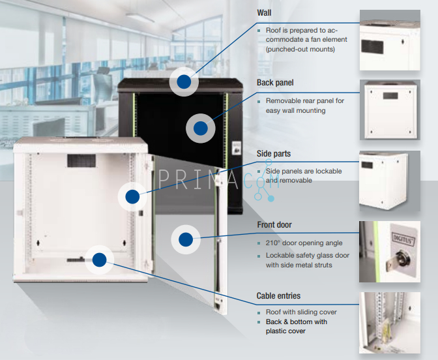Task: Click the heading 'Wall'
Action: (x=264, y=12)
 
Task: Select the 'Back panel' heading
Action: (x=275, y=83)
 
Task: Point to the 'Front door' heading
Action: (x=274, y=225)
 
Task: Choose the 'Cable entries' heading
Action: (x=278, y=296)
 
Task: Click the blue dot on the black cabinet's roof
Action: (x=184, y=82)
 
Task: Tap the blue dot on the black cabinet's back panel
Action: (x=201, y=127)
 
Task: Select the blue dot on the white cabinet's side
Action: (x=133, y=195)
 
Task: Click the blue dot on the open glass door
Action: (x=186, y=239)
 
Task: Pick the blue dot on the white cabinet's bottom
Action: (x=99, y=260)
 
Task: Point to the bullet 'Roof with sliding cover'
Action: (x=301, y=312)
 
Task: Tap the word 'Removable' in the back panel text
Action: (x=284, y=101)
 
